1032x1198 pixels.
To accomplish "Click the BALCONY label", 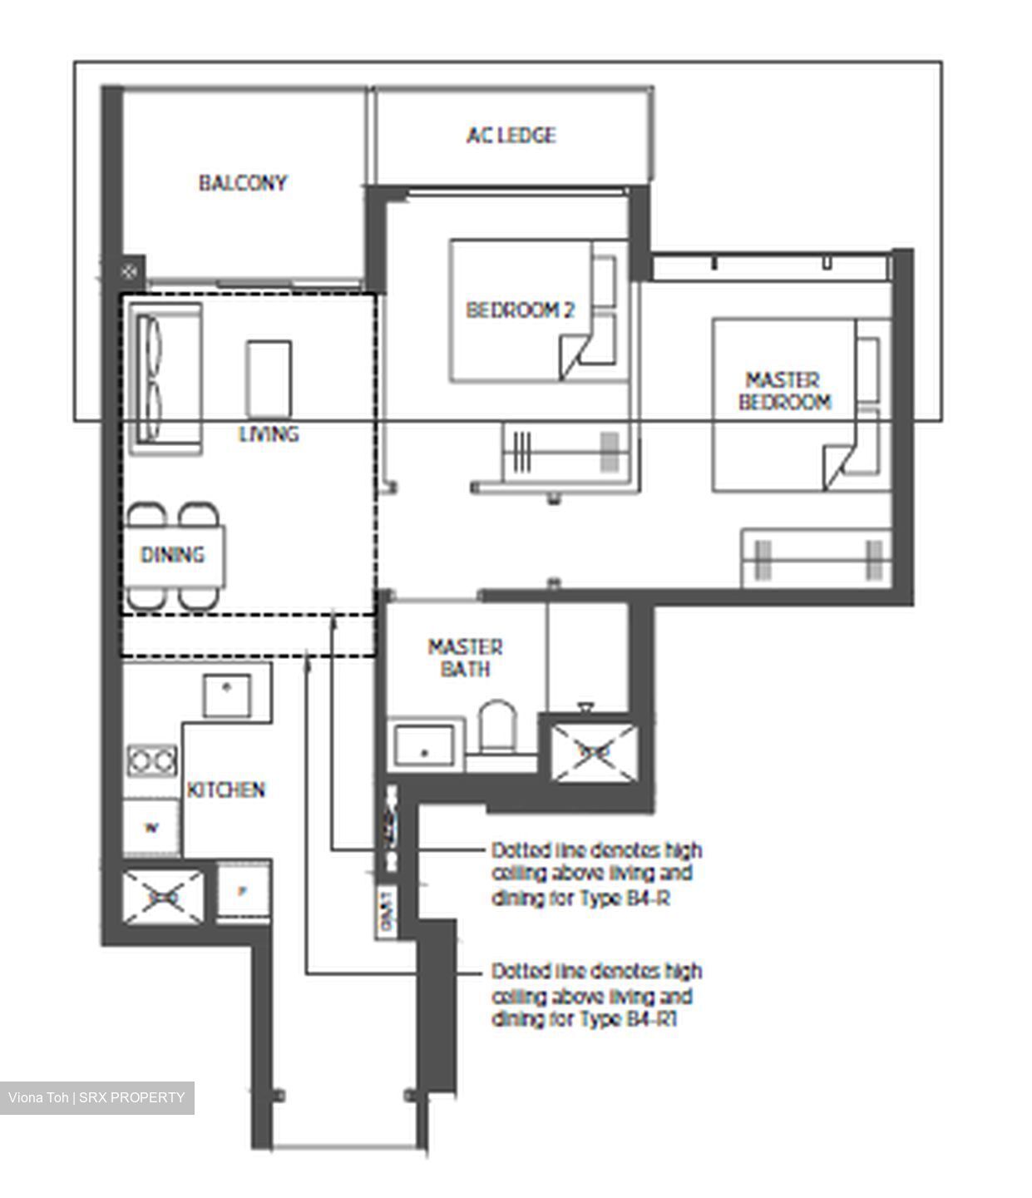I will [242, 182].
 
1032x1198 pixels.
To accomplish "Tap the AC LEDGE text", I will [511, 135].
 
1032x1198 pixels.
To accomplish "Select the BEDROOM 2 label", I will [520, 310].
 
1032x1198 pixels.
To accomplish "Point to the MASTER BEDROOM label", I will [783, 391].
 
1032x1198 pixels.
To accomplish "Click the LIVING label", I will [269, 433].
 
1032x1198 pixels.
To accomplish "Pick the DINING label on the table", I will [173, 555].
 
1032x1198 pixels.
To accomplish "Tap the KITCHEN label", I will [225, 790].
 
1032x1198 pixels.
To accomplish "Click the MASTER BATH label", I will [465, 658].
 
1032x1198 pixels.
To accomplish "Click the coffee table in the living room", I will [269, 379].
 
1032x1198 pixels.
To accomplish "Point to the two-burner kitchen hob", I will [151, 760].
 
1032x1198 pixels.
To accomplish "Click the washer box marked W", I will [151, 826].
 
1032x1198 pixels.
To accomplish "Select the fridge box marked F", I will [243, 891].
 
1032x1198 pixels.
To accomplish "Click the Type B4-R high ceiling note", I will [596, 874].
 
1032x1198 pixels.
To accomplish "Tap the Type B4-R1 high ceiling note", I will [596, 995].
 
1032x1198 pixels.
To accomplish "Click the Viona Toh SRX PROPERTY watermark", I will [96, 1097].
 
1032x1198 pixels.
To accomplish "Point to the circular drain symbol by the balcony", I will [129, 270].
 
